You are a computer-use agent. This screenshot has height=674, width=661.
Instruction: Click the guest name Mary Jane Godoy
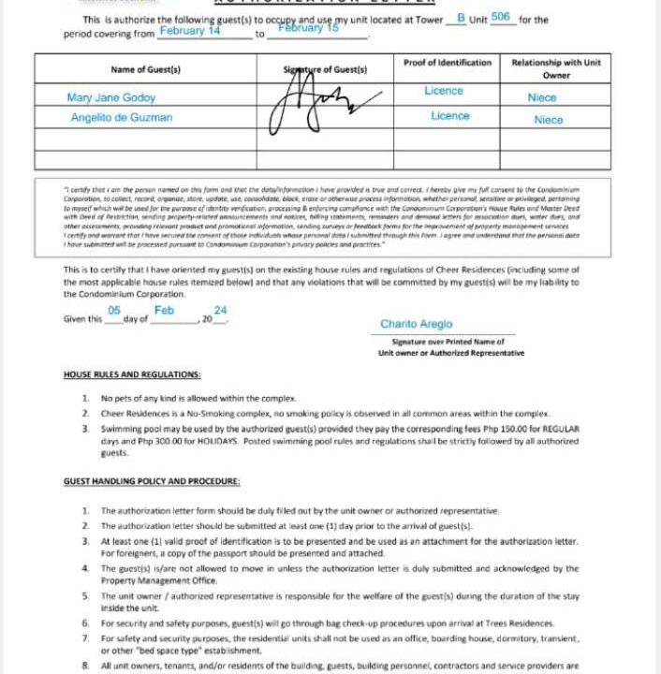tap(111, 97)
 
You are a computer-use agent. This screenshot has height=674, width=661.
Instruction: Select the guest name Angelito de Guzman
tap(122, 118)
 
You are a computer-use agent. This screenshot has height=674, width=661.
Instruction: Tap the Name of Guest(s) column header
tap(145, 69)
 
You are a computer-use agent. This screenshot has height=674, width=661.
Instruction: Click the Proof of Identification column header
tap(448, 63)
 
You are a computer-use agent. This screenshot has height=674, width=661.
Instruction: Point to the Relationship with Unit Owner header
tap(556, 68)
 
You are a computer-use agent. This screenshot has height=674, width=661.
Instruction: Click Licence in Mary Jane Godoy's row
tap(444, 91)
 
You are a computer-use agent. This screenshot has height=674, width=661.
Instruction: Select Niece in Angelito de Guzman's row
tap(549, 120)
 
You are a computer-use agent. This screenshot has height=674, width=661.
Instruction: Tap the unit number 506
tap(500, 17)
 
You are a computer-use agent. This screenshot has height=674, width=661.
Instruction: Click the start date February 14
tap(190, 30)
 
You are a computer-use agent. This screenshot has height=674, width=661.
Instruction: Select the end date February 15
tap(308, 28)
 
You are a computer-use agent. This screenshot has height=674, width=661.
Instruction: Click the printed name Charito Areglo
tap(416, 324)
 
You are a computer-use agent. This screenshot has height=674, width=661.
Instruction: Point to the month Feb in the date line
tap(165, 310)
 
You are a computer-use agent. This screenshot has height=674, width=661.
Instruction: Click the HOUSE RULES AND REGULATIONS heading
tap(132, 374)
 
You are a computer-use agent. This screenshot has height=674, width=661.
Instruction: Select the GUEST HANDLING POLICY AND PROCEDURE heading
tap(152, 481)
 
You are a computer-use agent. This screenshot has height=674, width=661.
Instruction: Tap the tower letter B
tap(461, 18)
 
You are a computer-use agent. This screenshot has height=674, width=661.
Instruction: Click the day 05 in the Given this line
tap(114, 310)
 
